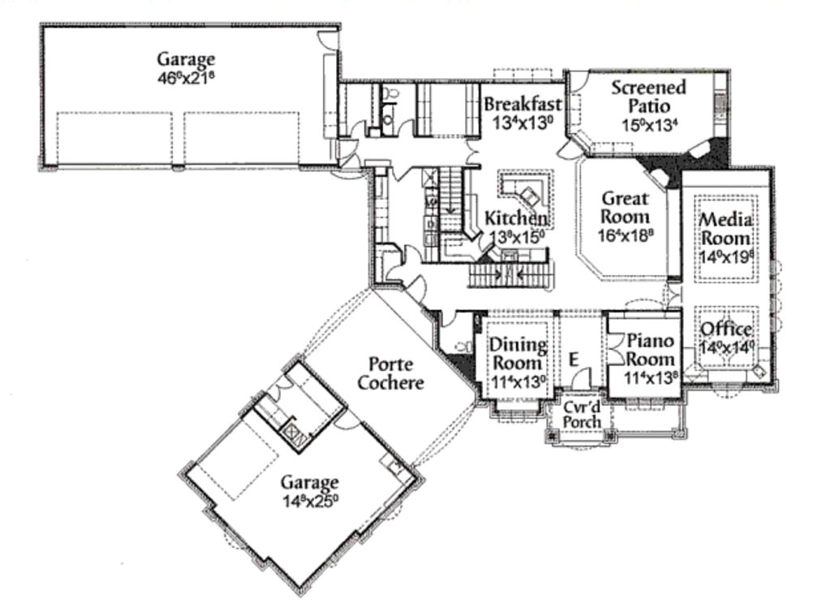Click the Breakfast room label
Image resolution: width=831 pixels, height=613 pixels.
(523, 104)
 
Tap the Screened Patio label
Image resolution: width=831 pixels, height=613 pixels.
(648, 96)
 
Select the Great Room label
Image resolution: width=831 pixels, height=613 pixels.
(625, 207)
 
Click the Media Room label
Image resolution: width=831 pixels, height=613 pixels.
(726, 229)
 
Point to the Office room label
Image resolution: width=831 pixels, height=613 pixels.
(726, 330)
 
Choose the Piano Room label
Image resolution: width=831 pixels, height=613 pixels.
(651, 350)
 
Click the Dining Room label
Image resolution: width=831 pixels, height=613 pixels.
(517, 354)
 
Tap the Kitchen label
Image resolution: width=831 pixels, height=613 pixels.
(515, 218)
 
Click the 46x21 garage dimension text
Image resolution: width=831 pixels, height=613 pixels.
(187, 78)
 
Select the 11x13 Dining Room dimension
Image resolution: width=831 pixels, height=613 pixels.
(517, 380)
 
